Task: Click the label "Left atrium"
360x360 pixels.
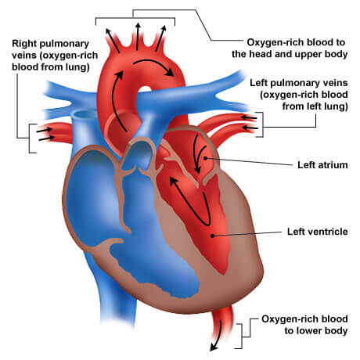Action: [322, 165]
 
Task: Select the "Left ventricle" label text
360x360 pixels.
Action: [318, 232]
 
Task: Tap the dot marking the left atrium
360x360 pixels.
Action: [205, 158]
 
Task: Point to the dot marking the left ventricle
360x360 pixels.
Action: [213, 236]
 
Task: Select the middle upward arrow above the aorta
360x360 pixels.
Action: [138, 37]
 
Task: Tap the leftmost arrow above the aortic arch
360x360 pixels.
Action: [113, 41]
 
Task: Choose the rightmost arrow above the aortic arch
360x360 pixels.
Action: [160, 38]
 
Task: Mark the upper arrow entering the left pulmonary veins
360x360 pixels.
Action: [249, 118]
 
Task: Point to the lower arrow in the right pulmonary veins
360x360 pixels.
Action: [46, 139]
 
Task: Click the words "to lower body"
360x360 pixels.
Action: [316, 330]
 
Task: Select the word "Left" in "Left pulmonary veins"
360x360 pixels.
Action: [259, 83]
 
